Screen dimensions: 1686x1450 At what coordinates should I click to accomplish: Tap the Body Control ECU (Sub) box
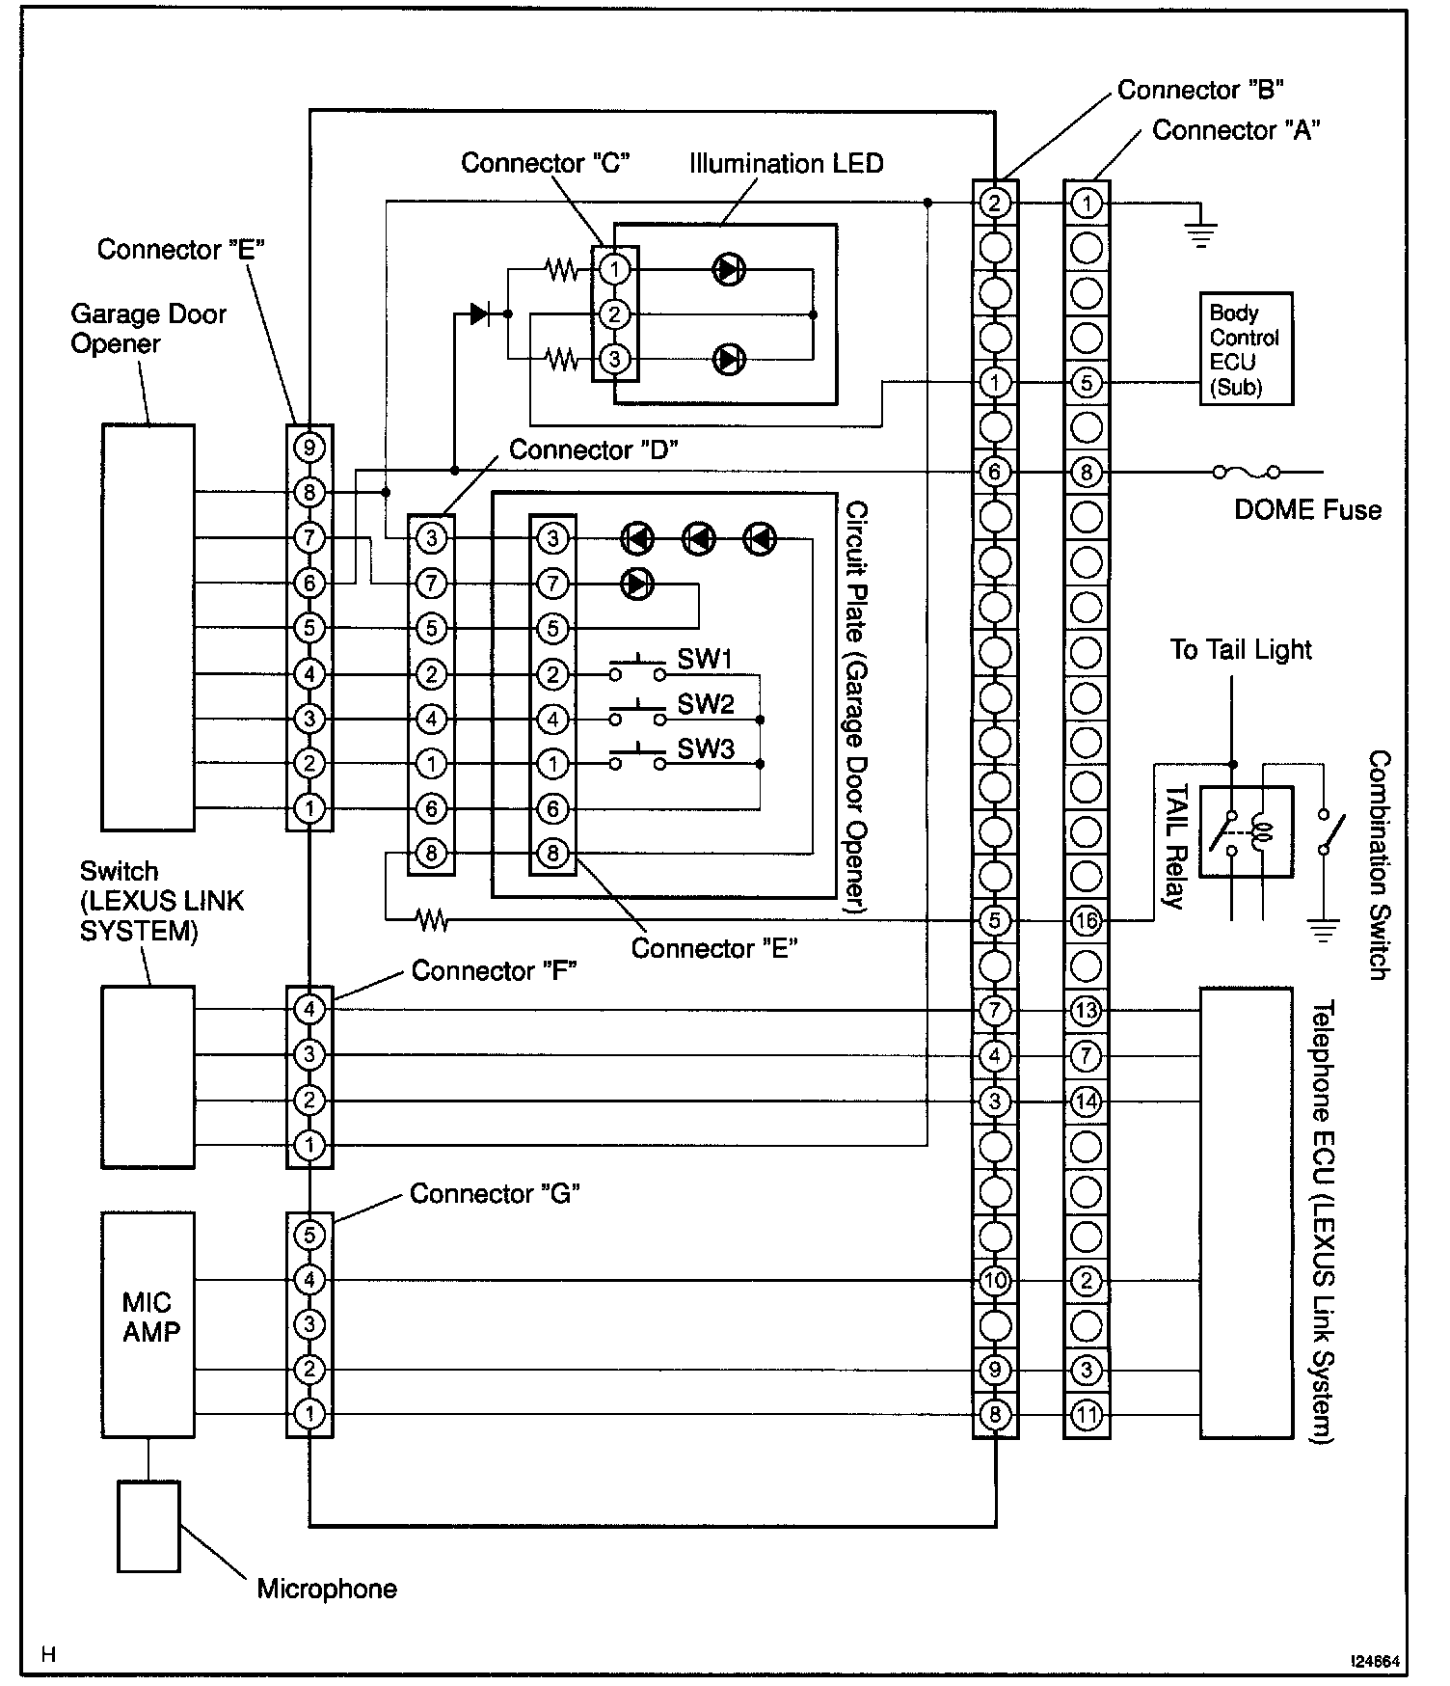click(x=1246, y=350)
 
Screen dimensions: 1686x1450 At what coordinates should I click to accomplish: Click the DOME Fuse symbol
click(x=1246, y=472)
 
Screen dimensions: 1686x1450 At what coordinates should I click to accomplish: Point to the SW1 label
click(x=706, y=660)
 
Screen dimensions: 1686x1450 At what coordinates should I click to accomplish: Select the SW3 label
click(x=706, y=749)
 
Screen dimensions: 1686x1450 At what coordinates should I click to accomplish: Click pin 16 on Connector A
click(x=1087, y=920)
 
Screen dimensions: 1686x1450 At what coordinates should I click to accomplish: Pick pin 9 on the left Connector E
click(x=309, y=448)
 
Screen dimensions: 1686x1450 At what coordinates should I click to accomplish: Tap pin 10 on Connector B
click(x=995, y=1281)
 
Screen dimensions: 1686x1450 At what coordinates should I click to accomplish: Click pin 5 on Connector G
click(x=309, y=1236)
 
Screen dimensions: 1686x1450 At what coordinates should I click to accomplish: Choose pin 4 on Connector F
click(x=309, y=1010)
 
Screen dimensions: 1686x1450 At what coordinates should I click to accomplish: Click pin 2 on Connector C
click(x=615, y=314)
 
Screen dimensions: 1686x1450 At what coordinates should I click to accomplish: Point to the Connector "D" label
click(x=593, y=450)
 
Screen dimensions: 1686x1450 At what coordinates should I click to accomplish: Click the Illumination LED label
click(x=786, y=164)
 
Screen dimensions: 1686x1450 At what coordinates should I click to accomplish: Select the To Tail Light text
click(x=1241, y=650)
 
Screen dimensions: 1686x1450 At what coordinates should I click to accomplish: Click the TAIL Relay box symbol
click(x=1247, y=832)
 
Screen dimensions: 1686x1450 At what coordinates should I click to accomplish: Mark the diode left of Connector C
click(x=480, y=313)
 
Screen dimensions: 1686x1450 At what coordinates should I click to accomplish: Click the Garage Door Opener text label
click(x=148, y=329)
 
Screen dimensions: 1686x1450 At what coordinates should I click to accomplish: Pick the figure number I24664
click(x=1374, y=1662)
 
